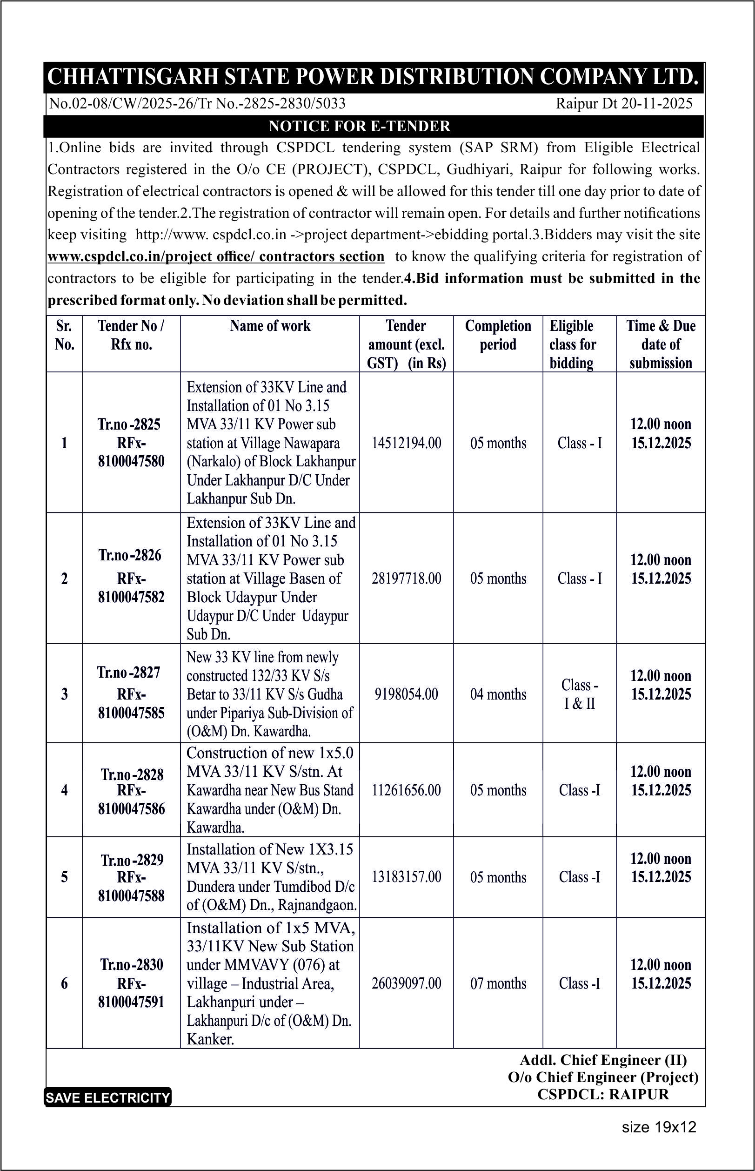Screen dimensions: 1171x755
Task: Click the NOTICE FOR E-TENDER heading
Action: point(360,127)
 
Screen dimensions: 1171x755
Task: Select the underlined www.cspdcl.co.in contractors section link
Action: point(216,256)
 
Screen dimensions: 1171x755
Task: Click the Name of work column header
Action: point(270,326)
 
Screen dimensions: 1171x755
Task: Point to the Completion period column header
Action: point(498,335)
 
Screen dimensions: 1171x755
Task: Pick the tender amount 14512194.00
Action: point(407,443)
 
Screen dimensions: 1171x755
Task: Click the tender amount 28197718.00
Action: point(407,579)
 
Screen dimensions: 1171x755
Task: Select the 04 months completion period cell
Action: point(498,694)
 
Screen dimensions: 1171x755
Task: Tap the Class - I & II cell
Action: point(580,694)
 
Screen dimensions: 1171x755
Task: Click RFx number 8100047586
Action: point(131,808)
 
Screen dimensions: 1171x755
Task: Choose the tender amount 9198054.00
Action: point(407,694)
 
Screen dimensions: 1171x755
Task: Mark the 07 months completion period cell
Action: point(498,983)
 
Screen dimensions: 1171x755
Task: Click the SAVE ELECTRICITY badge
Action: point(108,1097)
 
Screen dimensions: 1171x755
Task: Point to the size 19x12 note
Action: point(659,1127)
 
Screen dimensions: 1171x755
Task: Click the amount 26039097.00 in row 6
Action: point(407,983)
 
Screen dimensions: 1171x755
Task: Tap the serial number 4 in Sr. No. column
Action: point(64,790)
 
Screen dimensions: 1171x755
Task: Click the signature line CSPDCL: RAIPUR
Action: point(603,1095)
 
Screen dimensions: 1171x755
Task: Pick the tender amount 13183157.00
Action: point(407,877)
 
